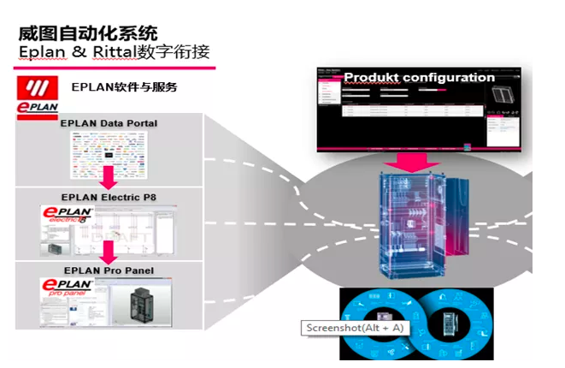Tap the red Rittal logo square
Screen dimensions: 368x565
tap(35, 89)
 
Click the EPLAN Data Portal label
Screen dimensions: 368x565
tap(109, 124)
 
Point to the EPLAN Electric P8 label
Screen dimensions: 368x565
tap(108, 198)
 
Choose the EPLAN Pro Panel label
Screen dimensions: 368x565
tap(108, 271)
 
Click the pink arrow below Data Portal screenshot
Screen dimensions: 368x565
tap(108, 178)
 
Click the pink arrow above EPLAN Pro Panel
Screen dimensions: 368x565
tap(108, 252)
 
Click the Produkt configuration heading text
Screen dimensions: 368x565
tap(419, 78)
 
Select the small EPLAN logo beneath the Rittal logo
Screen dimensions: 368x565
tap(36, 110)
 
